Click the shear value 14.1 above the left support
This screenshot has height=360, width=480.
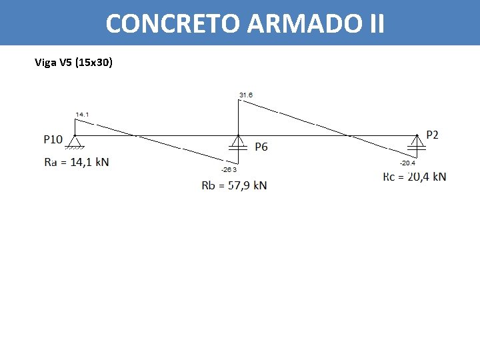tap(82, 115)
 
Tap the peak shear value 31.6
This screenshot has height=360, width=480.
tap(246, 95)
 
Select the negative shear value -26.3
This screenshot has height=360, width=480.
tap(229, 169)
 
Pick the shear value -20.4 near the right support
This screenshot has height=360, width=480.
tap(407, 163)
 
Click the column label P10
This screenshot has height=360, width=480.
tap(53, 139)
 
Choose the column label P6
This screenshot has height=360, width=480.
tap(261, 147)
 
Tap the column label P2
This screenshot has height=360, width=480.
tap(432, 135)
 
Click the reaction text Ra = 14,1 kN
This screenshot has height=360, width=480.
tap(77, 162)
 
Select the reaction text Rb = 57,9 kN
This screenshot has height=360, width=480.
tap(234, 185)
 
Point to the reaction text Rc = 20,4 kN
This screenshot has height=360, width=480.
tap(415, 177)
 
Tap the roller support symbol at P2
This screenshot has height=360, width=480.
tap(417, 143)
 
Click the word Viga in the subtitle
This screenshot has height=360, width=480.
tap(45, 63)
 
